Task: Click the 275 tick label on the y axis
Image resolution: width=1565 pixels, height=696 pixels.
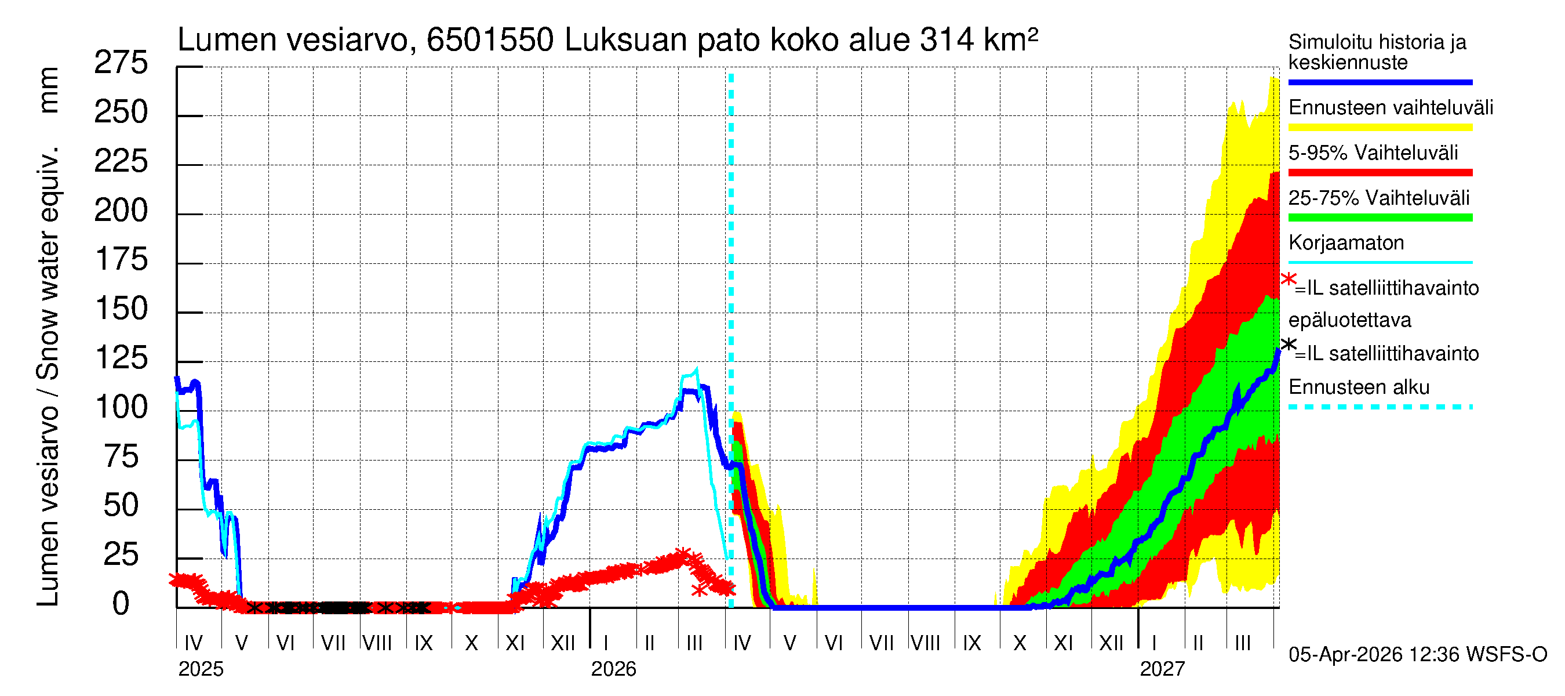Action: pos(121,63)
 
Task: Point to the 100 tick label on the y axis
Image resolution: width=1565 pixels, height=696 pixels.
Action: pos(121,407)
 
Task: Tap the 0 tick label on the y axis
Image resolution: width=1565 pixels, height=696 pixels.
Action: pos(121,604)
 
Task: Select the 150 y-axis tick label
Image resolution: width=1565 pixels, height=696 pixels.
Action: pos(121,309)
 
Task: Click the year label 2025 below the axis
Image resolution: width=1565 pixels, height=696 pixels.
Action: pos(201,669)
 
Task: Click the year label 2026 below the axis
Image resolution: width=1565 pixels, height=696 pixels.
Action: pos(613,669)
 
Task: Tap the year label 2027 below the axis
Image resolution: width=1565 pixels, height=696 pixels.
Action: pos(1162,669)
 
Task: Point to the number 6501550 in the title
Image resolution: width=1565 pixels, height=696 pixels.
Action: pos(490,40)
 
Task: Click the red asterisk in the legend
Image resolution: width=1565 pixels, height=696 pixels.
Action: pos(1288,280)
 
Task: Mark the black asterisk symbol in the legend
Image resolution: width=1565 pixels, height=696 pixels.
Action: pos(1288,345)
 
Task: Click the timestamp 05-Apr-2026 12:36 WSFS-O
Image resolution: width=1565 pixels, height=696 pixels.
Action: pos(1417,655)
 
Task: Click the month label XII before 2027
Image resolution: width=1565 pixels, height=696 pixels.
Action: pos(1111,643)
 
